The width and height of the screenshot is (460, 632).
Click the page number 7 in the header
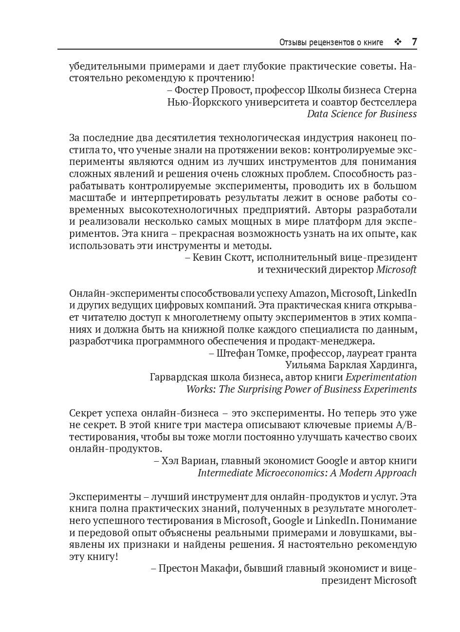pyautogui.click(x=414, y=42)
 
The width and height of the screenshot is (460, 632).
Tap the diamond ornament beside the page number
pyautogui.click(x=398, y=42)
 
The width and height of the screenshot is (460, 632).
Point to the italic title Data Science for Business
pyautogui.click(x=362, y=114)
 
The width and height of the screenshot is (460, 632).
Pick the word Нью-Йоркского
pyautogui.click(x=196, y=102)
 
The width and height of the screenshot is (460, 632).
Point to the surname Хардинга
pyautogui.click(x=393, y=365)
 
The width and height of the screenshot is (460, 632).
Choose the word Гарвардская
pyautogui.click(x=178, y=377)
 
